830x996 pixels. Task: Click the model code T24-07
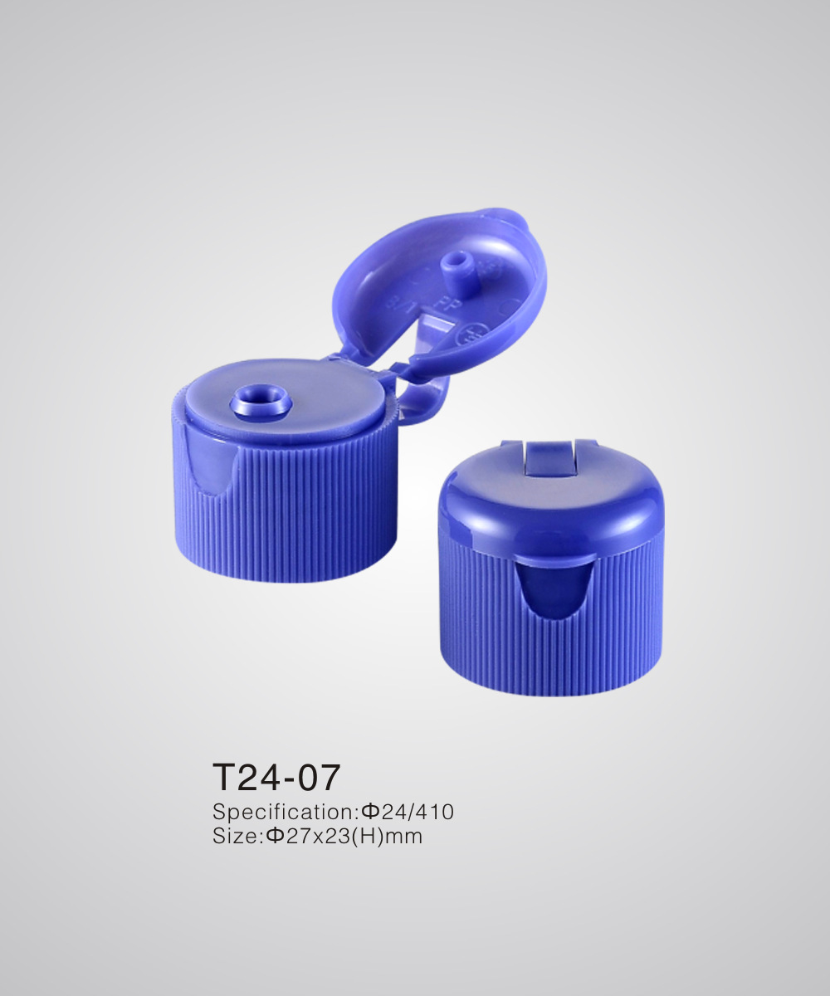click(x=276, y=778)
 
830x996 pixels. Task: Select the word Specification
click(x=282, y=811)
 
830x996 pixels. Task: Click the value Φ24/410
click(x=405, y=811)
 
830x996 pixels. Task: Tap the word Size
click(x=233, y=836)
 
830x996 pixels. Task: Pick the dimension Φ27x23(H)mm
click(x=344, y=836)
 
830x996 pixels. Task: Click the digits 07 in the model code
click(x=322, y=778)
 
